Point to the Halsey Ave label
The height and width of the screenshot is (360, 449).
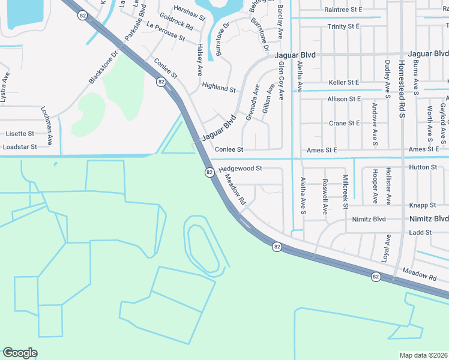click(199, 59)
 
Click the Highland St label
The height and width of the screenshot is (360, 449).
click(218, 88)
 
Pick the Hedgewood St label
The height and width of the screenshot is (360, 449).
click(241, 169)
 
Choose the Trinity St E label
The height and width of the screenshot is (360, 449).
click(343, 27)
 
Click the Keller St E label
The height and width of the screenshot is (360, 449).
click(344, 82)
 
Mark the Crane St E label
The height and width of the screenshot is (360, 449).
click(345, 123)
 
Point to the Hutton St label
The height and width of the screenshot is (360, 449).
click(423, 167)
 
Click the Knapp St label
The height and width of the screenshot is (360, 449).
click(423, 205)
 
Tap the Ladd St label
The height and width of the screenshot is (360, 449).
click(420, 232)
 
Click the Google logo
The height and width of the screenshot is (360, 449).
click(20, 353)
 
